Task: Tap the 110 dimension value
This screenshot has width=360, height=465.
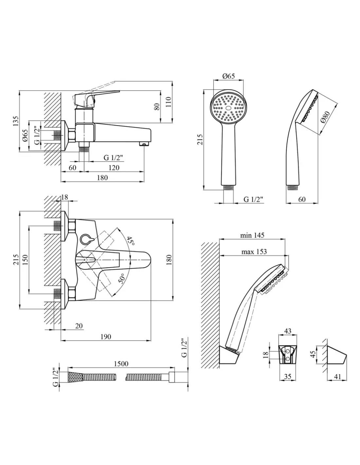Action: [x=169, y=103]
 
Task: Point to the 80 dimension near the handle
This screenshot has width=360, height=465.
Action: [x=157, y=106]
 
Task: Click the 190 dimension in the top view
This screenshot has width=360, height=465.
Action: [x=106, y=336]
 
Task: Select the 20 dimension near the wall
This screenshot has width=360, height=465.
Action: [x=79, y=326]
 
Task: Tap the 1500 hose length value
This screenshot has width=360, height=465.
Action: [x=121, y=363]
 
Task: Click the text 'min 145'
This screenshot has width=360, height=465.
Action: [x=252, y=235]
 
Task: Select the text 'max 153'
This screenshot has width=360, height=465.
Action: [x=254, y=251]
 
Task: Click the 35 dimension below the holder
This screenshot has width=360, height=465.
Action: [x=287, y=376]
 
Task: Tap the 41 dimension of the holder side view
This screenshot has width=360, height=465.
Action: [x=337, y=377]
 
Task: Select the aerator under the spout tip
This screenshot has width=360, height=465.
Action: [x=144, y=144]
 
